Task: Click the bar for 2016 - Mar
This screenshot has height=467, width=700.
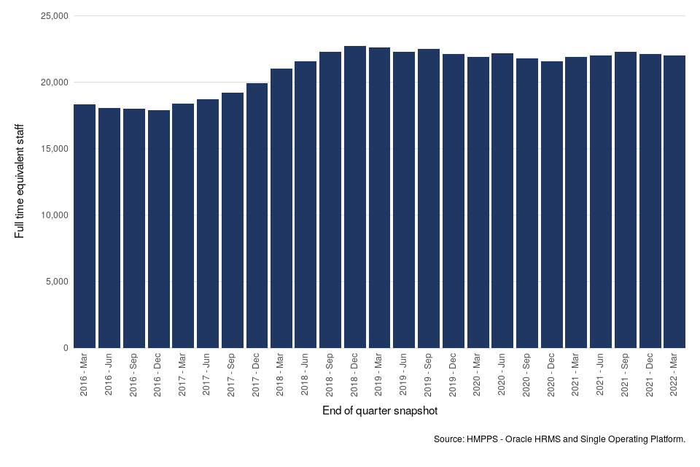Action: (x=85, y=226)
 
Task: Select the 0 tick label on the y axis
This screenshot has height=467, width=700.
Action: (x=65, y=348)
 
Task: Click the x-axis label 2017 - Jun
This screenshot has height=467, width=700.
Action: (x=208, y=376)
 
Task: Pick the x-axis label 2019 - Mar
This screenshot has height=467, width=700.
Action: (x=379, y=376)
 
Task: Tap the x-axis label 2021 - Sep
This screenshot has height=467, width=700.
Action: (x=625, y=376)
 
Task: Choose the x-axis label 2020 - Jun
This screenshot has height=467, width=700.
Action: (x=502, y=376)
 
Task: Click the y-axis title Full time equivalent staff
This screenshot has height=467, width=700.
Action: (x=20, y=182)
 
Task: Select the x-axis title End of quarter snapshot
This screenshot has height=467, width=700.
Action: (x=380, y=412)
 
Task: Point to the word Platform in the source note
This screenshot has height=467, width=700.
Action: (x=666, y=439)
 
